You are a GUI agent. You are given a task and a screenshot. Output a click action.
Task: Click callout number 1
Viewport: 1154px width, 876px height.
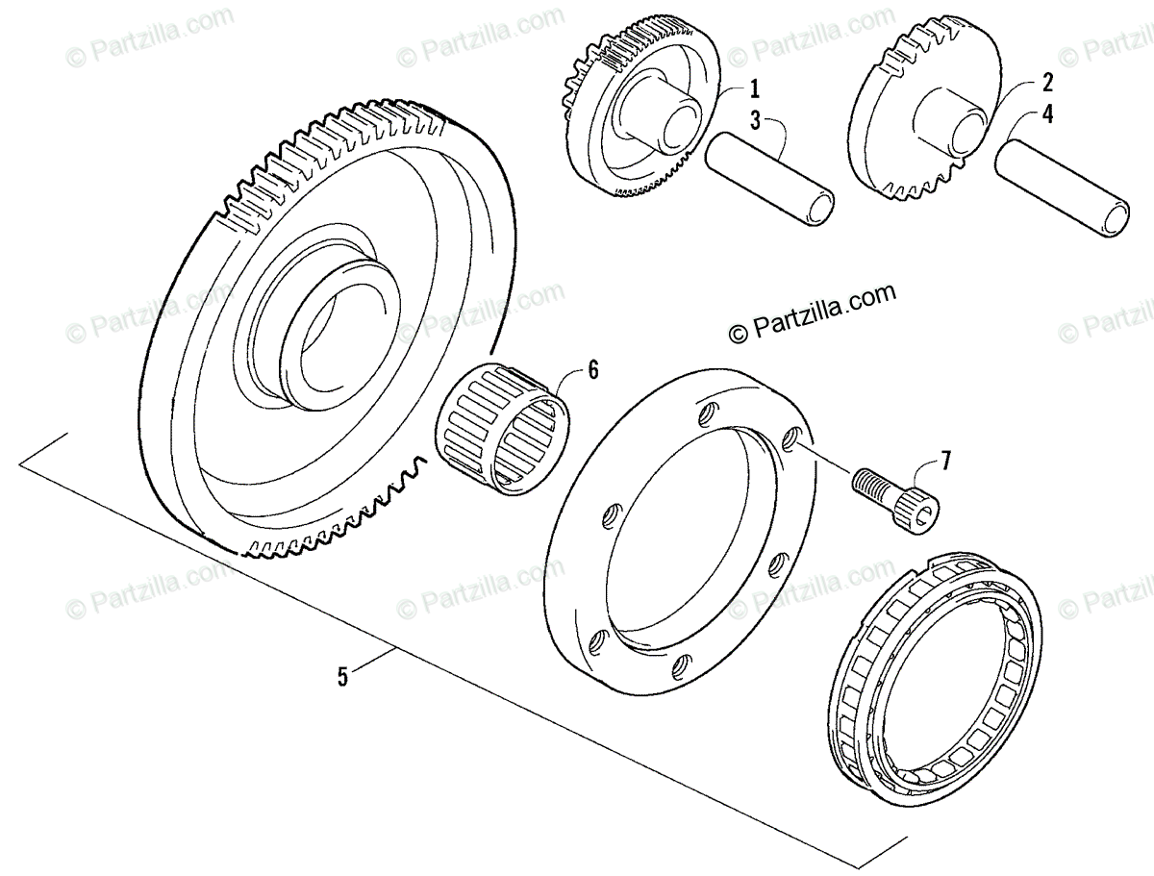point(755,89)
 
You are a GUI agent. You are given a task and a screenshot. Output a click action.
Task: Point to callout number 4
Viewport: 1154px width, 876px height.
point(1046,115)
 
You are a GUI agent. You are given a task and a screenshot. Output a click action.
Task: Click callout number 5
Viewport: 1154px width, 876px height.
point(343,675)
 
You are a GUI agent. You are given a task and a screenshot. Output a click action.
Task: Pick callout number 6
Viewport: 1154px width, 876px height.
point(592,367)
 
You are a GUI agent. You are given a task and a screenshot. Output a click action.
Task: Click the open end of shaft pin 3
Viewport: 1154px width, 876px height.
point(820,208)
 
